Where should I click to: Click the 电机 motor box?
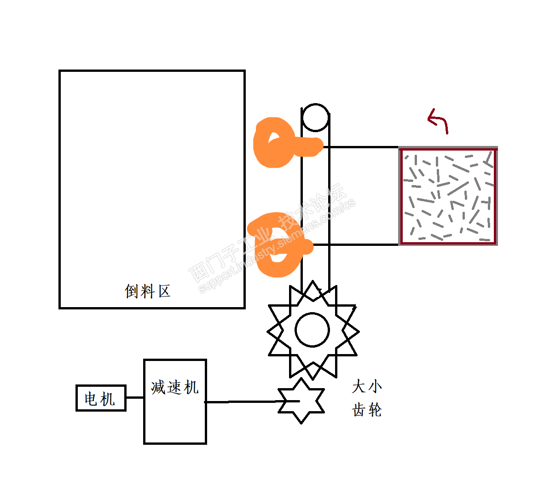(101, 398)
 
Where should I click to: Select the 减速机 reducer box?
(175, 414)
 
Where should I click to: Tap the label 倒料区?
(148, 291)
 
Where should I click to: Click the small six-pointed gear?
(301, 401)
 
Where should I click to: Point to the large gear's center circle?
(313, 330)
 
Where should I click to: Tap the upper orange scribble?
(278, 144)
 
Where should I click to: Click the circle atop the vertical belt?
(315, 118)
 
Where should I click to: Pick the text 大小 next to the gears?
(367, 386)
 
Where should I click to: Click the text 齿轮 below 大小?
(367, 409)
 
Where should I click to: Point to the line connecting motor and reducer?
(135, 397)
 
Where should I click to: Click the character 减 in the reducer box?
(158, 387)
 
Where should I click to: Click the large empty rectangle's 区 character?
(164, 291)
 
